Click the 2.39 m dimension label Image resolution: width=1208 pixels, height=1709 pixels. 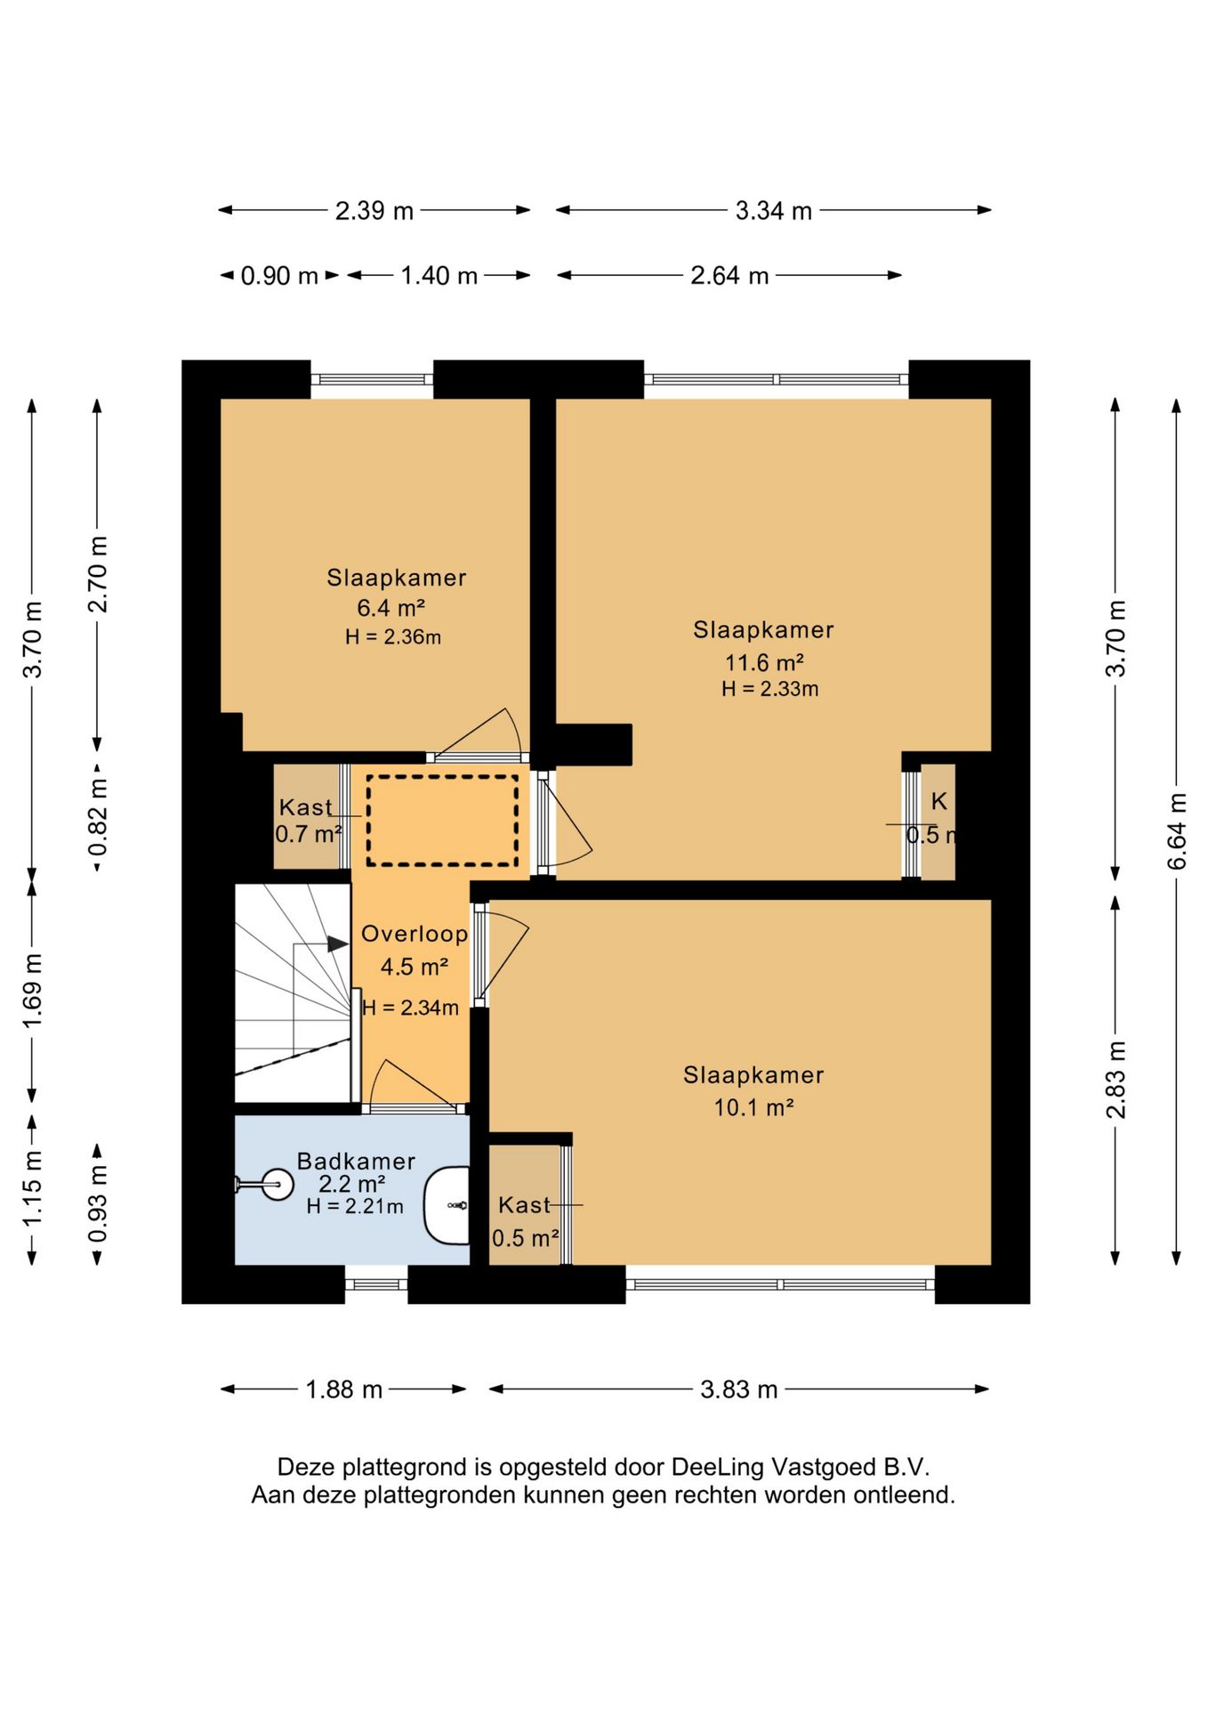(374, 211)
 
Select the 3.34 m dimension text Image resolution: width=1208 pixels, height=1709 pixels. (773, 211)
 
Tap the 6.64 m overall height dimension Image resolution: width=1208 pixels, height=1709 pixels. (1176, 830)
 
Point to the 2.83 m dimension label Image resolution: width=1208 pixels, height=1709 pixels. (1115, 1079)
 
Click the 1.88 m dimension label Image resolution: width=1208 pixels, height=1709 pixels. (344, 1389)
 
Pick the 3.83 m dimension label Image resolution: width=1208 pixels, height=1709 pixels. (738, 1389)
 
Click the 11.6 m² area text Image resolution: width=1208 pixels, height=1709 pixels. (764, 662)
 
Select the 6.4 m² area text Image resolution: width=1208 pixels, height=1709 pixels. (391, 608)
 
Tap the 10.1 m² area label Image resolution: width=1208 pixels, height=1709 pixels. (753, 1107)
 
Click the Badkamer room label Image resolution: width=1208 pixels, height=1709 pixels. (356, 1161)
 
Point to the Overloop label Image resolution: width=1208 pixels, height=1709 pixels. (415, 934)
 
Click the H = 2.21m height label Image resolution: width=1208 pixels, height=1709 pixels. (355, 1207)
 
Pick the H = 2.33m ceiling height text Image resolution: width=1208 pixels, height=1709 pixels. (769, 688)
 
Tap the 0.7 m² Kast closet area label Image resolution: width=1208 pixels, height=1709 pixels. (309, 835)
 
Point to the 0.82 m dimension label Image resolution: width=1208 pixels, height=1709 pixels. (98, 816)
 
